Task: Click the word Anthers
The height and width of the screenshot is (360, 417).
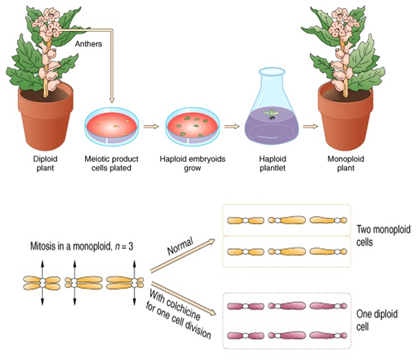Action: point(88,43)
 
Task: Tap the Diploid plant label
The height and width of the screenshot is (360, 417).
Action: point(46,163)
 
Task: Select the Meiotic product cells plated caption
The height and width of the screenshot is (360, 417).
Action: point(111,163)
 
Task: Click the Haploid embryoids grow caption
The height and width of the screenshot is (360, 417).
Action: point(192,163)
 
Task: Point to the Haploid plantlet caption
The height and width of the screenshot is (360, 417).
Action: point(272,163)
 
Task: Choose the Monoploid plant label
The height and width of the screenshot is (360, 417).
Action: point(345,163)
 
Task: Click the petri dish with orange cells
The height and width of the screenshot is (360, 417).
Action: point(112,127)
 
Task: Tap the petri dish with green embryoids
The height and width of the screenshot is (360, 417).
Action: point(193,127)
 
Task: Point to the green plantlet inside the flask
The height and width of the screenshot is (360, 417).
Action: point(271,114)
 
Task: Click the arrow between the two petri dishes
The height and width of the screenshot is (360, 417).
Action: point(151,127)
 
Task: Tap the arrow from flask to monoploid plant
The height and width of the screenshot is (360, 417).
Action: point(310,127)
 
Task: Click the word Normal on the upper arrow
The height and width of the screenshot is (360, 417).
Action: point(180,246)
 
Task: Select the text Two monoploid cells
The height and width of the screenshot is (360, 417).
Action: point(383,236)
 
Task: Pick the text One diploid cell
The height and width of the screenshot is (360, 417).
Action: point(377,320)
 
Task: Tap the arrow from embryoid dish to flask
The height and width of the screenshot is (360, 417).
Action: point(232,127)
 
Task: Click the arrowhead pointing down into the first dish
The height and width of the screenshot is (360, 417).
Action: point(112,100)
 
